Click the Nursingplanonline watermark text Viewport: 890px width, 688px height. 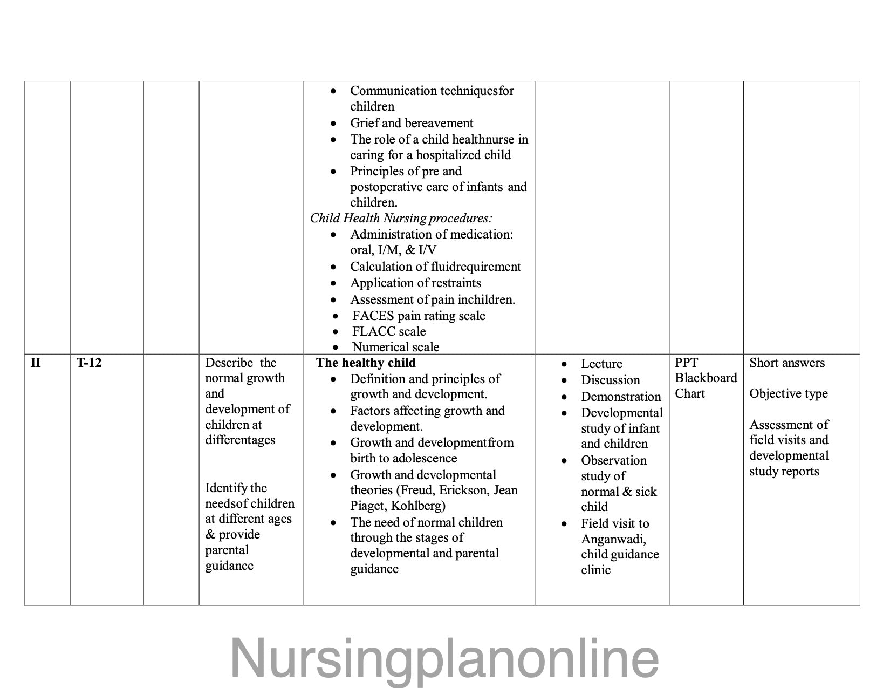point(444,658)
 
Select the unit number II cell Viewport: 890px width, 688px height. point(36,363)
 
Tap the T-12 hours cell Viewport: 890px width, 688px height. point(89,363)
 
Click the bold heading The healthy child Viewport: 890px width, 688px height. point(366,363)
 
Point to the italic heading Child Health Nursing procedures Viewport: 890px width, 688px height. point(401,218)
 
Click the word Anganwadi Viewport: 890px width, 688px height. point(613,539)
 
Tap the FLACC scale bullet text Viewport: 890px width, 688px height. point(389,331)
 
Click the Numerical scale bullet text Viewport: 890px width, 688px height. point(396,347)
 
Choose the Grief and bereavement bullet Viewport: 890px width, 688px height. point(412,123)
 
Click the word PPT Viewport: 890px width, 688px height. point(686,363)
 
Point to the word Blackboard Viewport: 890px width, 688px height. point(706,378)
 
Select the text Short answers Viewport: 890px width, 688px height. point(787,363)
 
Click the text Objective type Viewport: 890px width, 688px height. point(788,393)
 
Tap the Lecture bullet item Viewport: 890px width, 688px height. point(601,364)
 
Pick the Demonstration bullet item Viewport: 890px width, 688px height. point(621,397)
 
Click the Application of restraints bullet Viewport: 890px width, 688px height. point(415,283)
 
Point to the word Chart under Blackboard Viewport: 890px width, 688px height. point(690,393)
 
